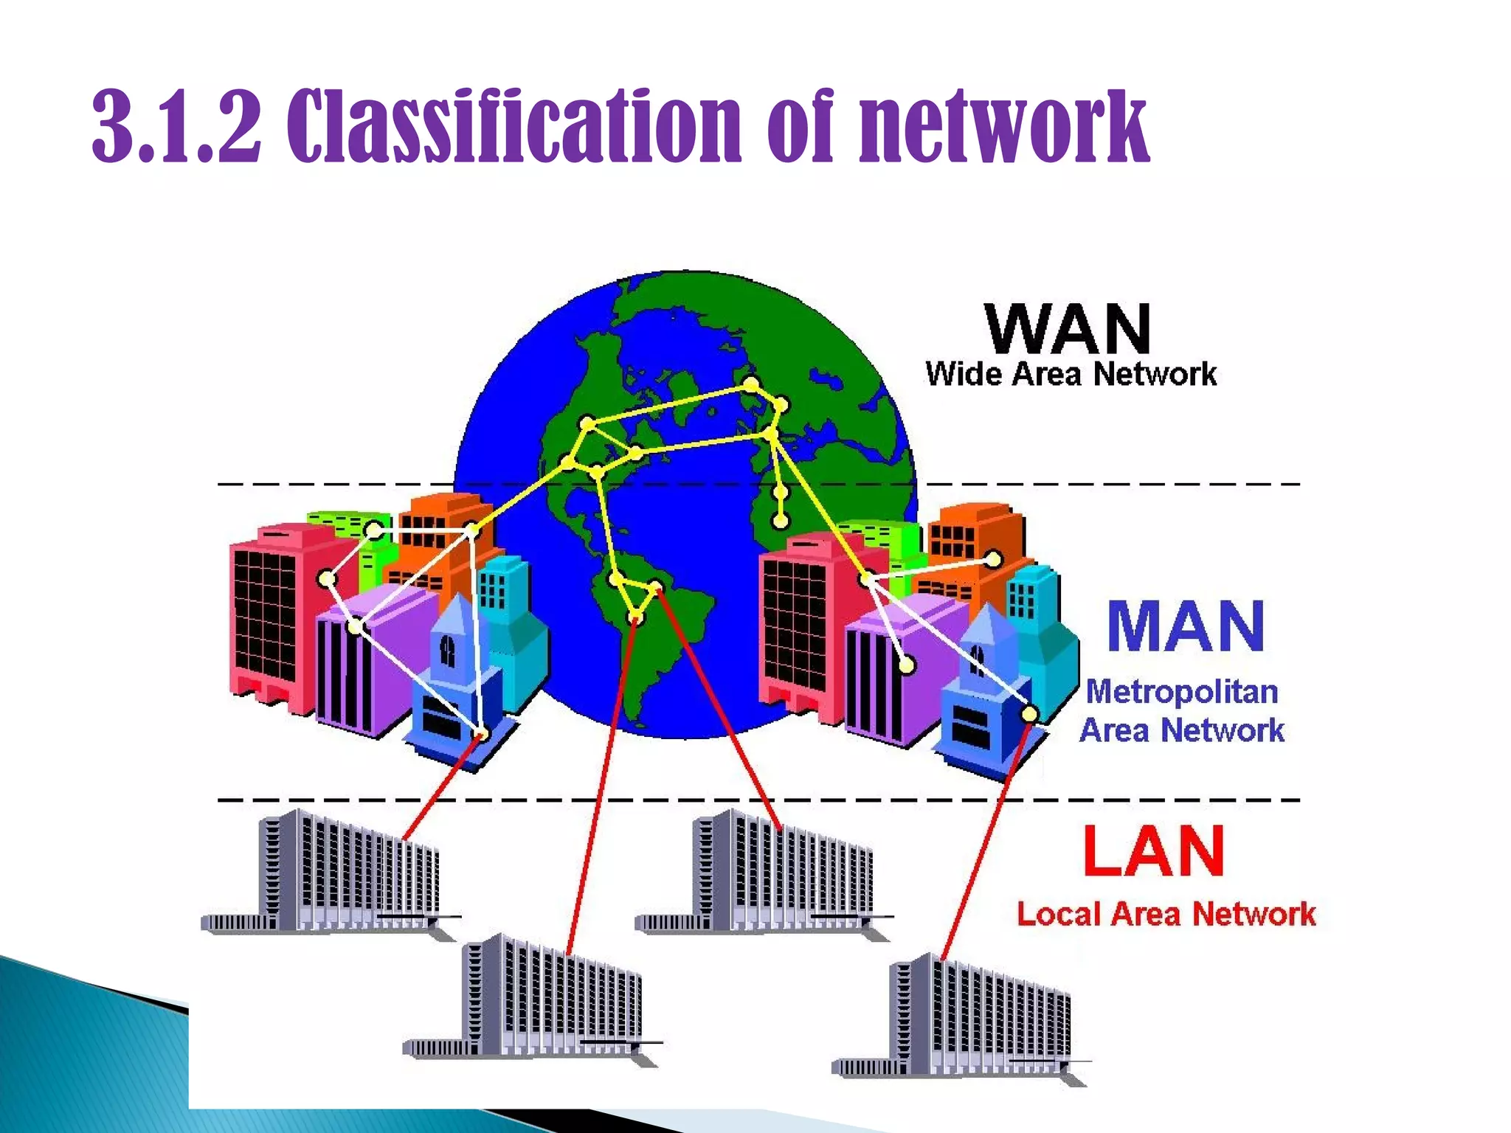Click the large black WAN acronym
point(1068,330)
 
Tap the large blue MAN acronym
point(1186,626)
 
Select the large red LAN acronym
point(1154,851)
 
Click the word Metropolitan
point(1182,692)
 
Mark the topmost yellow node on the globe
point(750,384)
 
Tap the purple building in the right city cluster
point(893,671)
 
